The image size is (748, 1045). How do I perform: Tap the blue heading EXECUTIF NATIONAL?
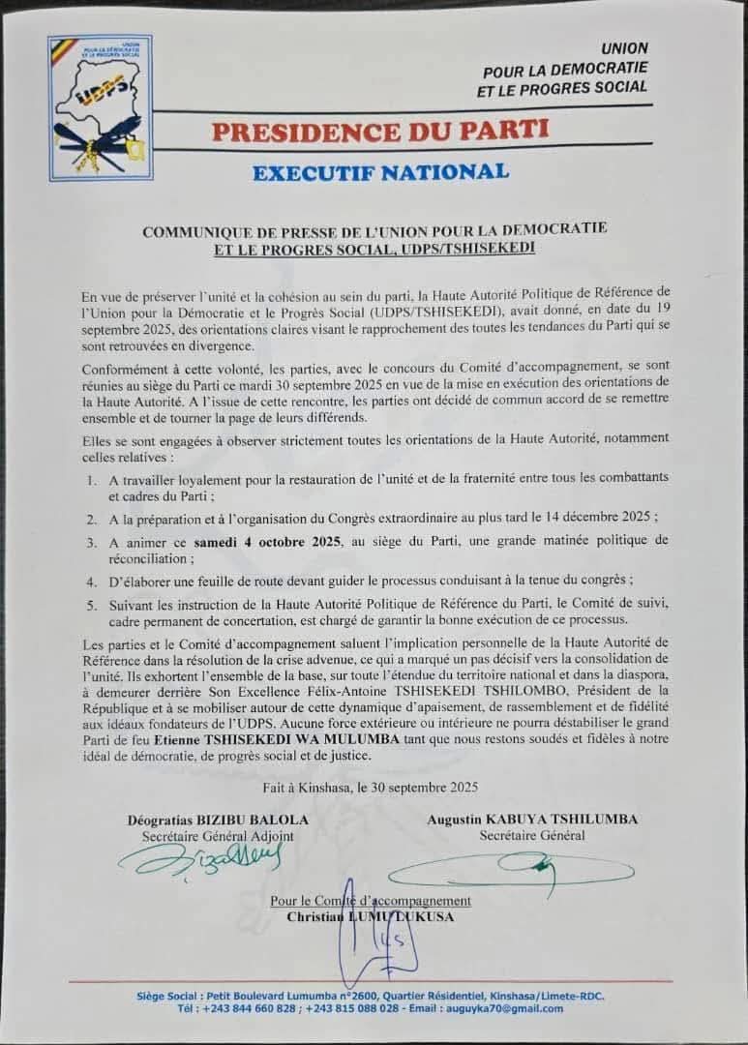pyautogui.click(x=379, y=172)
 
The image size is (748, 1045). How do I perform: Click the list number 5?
pyautogui.click(x=90, y=603)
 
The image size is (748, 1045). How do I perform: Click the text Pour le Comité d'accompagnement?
pyautogui.click(x=371, y=901)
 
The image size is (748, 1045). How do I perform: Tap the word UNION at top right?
pyautogui.click(x=624, y=47)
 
